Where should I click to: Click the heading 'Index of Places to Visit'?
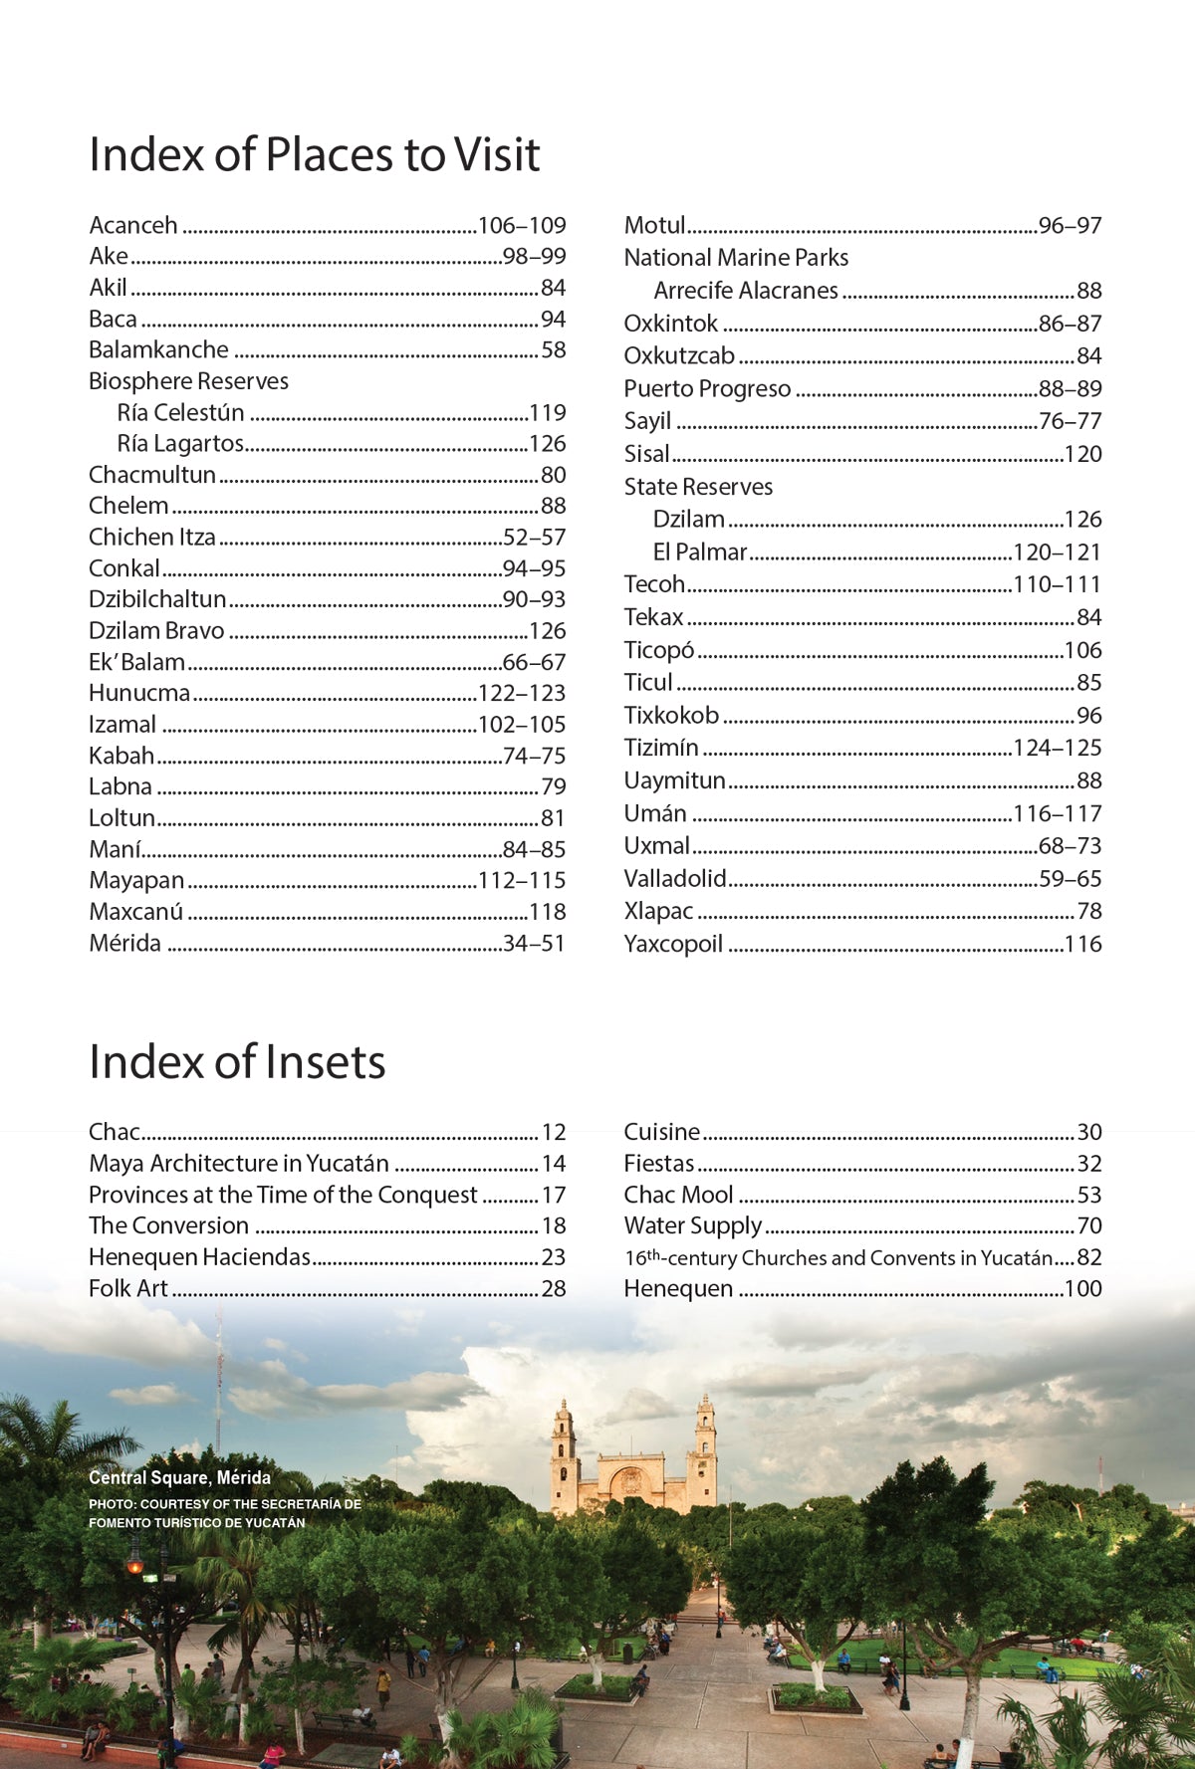point(314,155)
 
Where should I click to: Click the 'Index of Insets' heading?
point(237,1062)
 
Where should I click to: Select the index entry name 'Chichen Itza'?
point(151,538)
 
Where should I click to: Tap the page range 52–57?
point(534,538)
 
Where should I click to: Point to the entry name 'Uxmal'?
point(656,846)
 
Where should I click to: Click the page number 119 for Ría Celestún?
point(547,413)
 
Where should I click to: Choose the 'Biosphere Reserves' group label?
point(188,381)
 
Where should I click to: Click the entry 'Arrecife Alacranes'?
point(746,291)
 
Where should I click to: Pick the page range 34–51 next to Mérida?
point(534,944)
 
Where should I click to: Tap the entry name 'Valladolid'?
point(675,879)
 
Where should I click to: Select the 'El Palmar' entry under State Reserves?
point(700,553)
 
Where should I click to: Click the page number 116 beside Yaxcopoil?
point(1082,945)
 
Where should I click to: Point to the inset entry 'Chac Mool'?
point(678,1196)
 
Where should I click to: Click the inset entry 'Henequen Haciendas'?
point(199,1257)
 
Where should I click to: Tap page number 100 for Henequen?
point(1082,1289)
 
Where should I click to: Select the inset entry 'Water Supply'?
point(692,1226)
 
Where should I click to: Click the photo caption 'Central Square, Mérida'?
point(179,1478)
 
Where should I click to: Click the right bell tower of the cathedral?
point(705,1443)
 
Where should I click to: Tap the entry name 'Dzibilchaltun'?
point(157,599)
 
